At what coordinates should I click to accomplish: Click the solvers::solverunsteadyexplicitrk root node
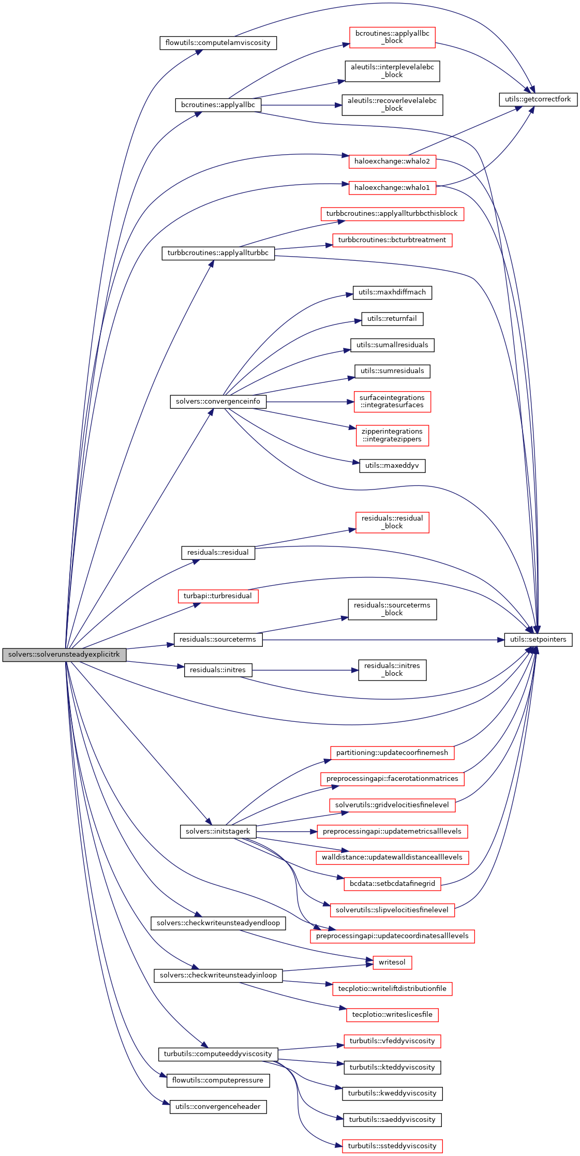coord(64,655)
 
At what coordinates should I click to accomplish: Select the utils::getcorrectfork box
coord(538,99)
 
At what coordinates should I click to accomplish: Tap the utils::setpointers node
coord(538,640)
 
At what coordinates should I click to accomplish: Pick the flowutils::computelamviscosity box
coord(218,43)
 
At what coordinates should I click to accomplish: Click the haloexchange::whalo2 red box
coord(392,161)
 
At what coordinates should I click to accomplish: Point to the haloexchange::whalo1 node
coord(392,188)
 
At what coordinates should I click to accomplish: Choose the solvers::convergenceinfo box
coord(218,402)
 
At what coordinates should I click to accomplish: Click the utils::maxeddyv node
coord(392,466)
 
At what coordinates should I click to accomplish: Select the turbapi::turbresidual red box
coord(217,596)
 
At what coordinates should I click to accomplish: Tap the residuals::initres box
coord(217,670)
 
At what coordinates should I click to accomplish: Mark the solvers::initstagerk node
coord(217,832)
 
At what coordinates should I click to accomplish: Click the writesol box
coord(392,962)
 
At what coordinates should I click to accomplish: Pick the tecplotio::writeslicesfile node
coord(392,1015)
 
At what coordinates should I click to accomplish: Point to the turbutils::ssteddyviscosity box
coord(392,1146)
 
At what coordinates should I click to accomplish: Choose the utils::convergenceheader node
coord(218,1107)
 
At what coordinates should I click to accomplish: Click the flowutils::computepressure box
coord(217,1080)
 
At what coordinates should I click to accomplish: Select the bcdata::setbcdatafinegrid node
coord(392,884)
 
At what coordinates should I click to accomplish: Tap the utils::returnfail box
coord(392,319)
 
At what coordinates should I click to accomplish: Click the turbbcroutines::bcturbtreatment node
coord(392,240)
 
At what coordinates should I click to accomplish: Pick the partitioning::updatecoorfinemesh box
coord(392,753)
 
